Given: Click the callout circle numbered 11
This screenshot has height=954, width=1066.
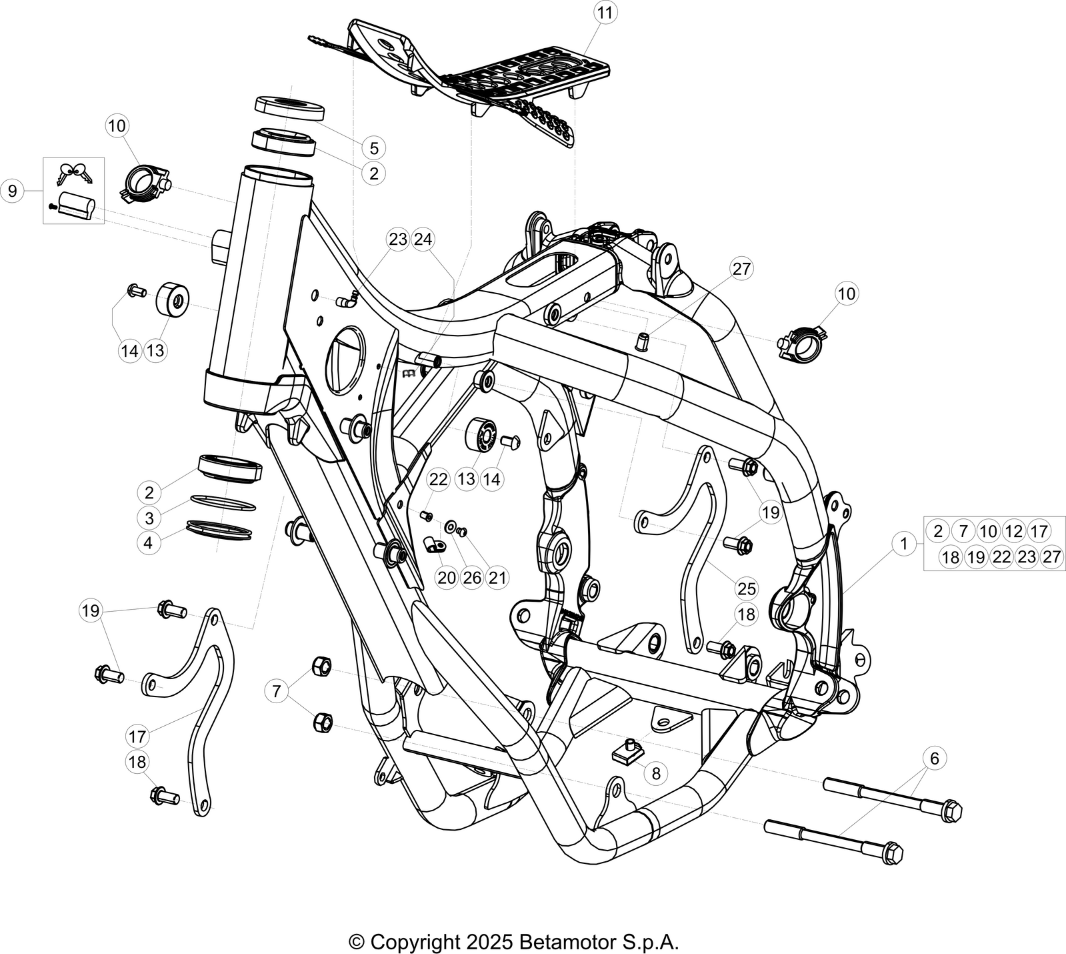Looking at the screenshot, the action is pos(607,13).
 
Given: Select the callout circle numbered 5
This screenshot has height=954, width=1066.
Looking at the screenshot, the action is pos(374,147).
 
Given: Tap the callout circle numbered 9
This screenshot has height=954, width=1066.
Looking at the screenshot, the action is pos(12,191).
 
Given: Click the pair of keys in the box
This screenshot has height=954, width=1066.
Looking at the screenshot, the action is pos(75,174).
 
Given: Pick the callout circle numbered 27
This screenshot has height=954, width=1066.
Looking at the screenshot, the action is pos(741,269).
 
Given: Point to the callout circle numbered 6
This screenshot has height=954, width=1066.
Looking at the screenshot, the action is pos(934,758).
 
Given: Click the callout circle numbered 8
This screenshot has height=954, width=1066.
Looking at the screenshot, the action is pos(656,773).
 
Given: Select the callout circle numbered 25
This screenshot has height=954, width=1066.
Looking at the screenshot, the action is pos(747,588).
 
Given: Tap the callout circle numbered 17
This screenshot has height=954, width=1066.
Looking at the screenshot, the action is pos(137,737).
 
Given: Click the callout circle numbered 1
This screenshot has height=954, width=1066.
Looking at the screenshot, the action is pos(904,544).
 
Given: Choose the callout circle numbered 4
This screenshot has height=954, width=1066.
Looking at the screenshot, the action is pos(148,543).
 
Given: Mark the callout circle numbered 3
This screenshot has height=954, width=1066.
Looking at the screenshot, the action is pos(149,518).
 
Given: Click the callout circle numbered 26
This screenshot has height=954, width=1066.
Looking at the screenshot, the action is pos(472,577).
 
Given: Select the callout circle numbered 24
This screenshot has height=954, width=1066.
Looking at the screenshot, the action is pos(423,239).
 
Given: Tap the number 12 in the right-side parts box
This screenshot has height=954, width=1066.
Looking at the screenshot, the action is pos(1013,531).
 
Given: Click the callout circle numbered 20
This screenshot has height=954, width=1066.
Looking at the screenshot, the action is pos(447,577).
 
